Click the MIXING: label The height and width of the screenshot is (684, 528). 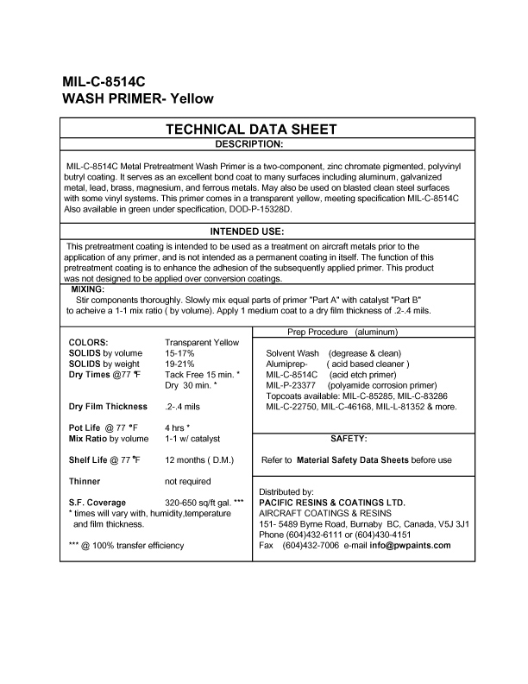87,289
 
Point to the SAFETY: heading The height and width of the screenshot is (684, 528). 349,439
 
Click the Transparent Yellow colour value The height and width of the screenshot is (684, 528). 202,343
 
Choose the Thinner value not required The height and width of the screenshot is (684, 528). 187,481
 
